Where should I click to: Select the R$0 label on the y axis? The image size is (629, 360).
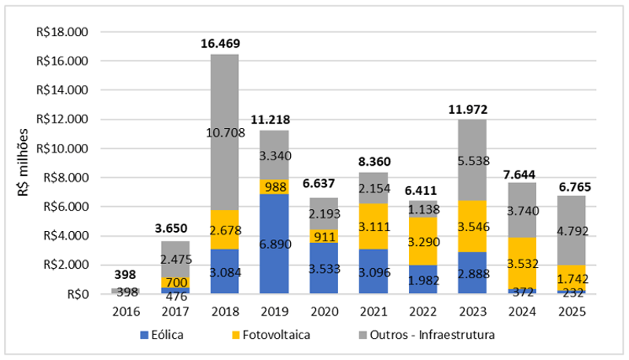tap(76, 294)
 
